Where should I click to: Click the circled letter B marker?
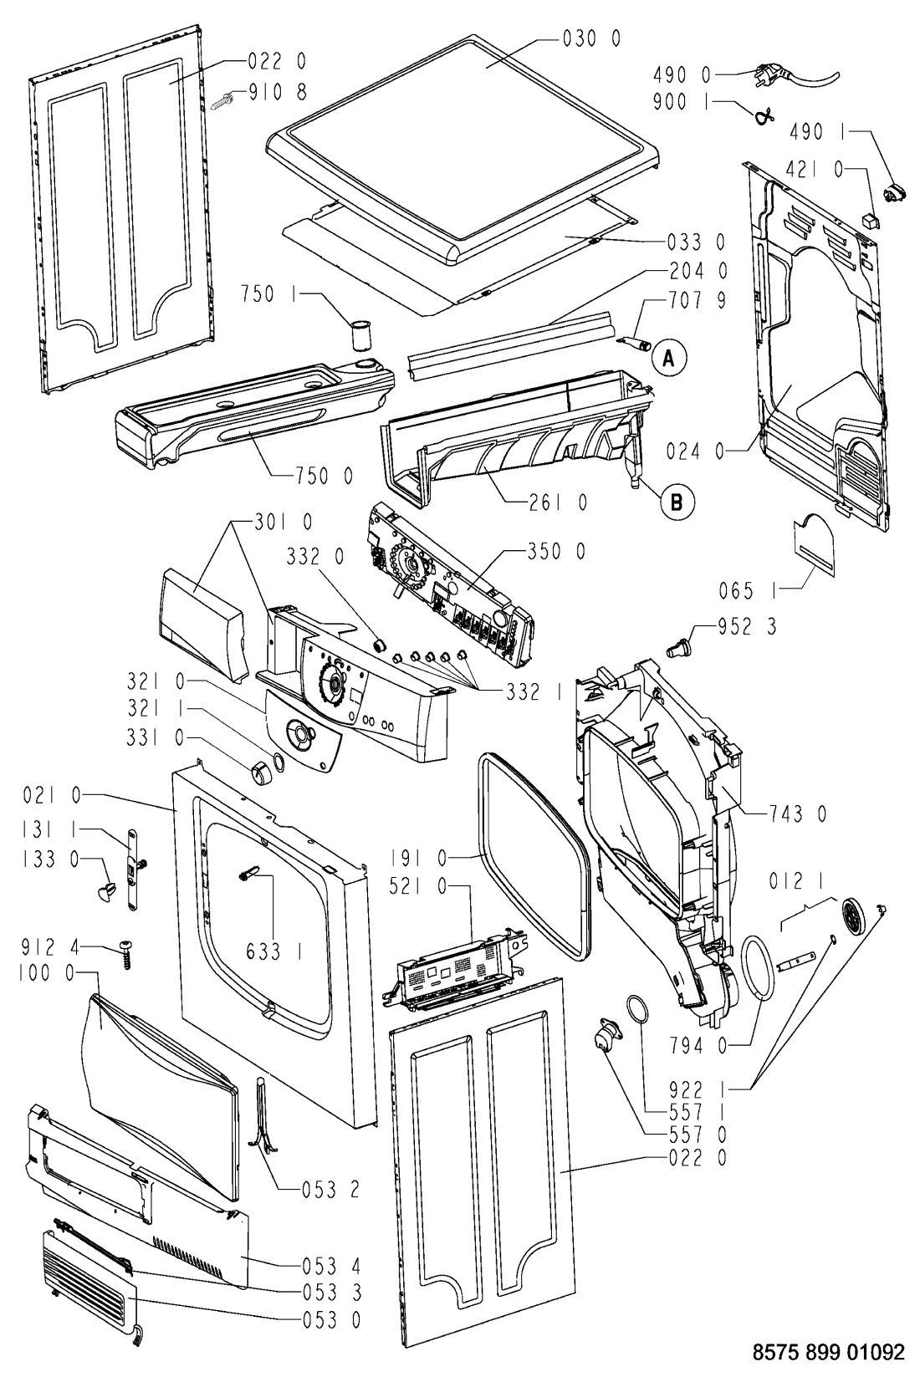pyautogui.click(x=677, y=502)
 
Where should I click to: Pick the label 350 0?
pyautogui.click(x=556, y=552)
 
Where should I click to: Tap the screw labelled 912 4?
pyautogui.click(x=126, y=955)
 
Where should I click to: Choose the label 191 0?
pyautogui.click(x=418, y=858)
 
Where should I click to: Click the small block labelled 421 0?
pyautogui.click(x=870, y=219)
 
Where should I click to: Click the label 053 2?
pyautogui.click(x=331, y=1191)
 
